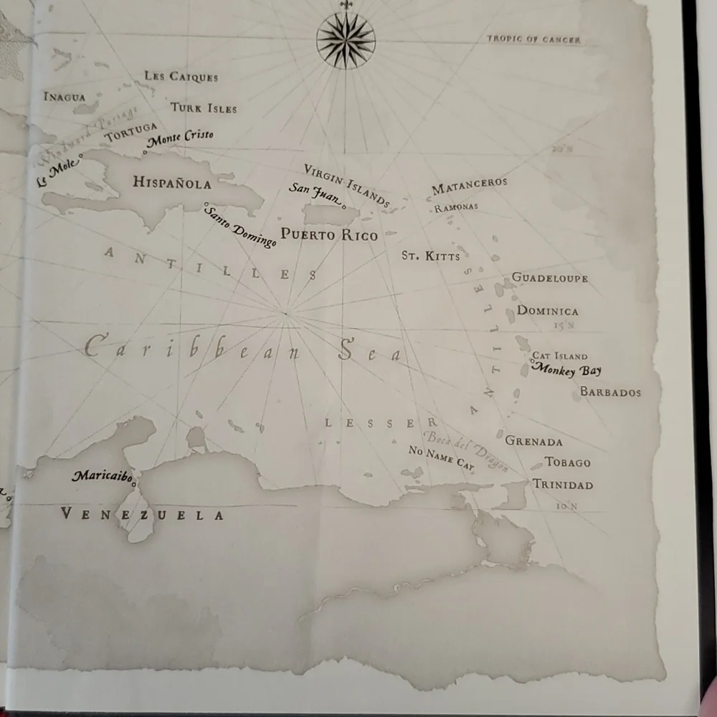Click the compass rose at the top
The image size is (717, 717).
click(346, 40)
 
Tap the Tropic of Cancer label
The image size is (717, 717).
click(533, 39)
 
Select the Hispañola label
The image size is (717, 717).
click(172, 183)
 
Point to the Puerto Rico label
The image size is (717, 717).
click(329, 234)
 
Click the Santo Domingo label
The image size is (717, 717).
click(240, 227)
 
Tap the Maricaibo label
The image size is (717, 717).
click(103, 475)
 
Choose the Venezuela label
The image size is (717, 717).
click(142, 514)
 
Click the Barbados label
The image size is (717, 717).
click(610, 392)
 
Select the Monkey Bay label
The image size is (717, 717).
click(566, 370)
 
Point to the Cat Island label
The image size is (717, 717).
click(559, 356)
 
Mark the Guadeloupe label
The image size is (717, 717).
click(549, 277)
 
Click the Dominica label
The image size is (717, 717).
click(547, 311)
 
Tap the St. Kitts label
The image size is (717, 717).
click(430, 255)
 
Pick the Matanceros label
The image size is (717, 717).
click(469, 185)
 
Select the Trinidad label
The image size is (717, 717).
click(563, 485)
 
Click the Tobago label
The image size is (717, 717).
click(567, 462)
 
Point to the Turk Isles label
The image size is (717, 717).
click(204, 108)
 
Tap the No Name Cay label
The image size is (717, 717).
click(441, 457)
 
